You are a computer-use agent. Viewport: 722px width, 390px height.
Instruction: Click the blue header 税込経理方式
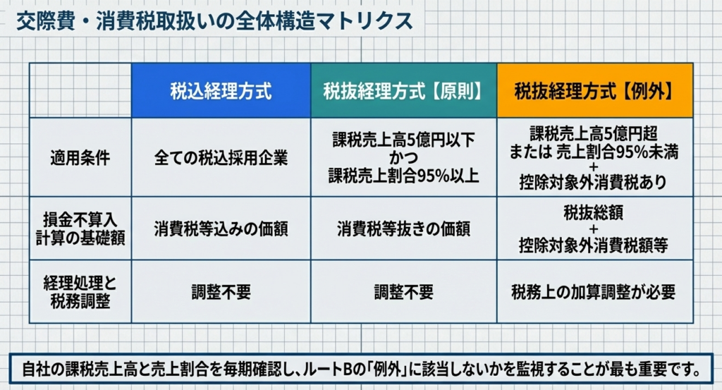[x=221, y=91]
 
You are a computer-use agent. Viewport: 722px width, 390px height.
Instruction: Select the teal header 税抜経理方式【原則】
[x=403, y=91]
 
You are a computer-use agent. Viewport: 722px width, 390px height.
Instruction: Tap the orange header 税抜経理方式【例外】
[x=595, y=91]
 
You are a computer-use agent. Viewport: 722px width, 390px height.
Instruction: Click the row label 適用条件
[x=80, y=158]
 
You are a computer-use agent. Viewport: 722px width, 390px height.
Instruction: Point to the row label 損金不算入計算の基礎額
[x=80, y=228]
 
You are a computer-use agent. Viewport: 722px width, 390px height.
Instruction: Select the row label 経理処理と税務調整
[x=80, y=292]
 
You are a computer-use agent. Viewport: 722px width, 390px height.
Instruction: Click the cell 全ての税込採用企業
[x=221, y=158]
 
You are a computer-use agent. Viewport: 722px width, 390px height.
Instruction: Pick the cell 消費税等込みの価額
[x=221, y=228]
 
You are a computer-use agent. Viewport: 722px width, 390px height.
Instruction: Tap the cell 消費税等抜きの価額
[x=403, y=228]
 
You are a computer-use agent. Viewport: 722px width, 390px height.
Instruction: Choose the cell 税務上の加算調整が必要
[x=594, y=292]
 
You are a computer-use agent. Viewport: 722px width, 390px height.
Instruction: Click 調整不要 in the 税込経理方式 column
[x=221, y=292]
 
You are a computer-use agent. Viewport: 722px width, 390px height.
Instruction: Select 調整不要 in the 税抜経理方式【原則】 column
[x=403, y=292]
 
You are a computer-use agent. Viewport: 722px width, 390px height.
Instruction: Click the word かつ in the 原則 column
[x=404, y=158]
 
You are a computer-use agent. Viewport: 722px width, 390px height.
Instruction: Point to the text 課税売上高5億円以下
[x=403, y=140]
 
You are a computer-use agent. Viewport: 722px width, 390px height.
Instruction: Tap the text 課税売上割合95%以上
[x=403, y=176]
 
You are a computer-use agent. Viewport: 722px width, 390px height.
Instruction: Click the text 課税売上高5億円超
[x=594, y=133]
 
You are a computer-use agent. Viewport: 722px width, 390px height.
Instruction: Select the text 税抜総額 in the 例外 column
[x=594, y=213]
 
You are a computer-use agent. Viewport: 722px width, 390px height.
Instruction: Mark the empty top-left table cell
[x=80, y=90]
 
